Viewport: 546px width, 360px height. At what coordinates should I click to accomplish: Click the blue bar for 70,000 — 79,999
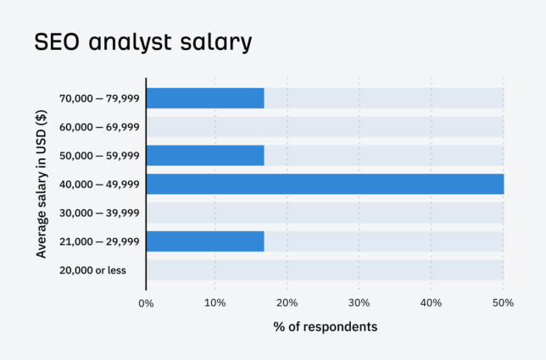pos(205,98)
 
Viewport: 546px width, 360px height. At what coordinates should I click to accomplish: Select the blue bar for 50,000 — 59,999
pos(205,156)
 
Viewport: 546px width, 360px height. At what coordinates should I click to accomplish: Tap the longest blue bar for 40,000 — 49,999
pos(325,185)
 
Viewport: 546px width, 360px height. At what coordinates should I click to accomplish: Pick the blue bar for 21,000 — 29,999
pos(205,241)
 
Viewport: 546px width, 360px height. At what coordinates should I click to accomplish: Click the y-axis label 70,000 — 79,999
pos(99,98)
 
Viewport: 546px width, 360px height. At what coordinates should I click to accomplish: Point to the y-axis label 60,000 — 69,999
pos(99,127)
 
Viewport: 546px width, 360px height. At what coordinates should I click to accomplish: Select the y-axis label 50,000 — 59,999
pos(99,156)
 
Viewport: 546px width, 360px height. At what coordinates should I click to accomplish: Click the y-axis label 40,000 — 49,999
pos(99,185)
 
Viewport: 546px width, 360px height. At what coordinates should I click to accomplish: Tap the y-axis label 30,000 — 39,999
pos(99,213)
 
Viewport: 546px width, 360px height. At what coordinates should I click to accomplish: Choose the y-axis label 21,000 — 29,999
pos(99,242)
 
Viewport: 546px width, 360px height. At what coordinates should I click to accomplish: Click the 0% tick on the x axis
pos(146,302)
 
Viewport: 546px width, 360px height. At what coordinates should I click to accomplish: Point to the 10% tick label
pos(215,302)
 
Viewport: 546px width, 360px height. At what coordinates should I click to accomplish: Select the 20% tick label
pos(287,302)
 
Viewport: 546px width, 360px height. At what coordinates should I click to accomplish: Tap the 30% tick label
pos(359,302)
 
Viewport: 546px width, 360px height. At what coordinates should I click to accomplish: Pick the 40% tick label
pos(431,302)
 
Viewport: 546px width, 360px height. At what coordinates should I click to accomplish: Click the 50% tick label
pos(503,302)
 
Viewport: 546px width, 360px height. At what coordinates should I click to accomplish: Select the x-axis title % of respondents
pos(325,326)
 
